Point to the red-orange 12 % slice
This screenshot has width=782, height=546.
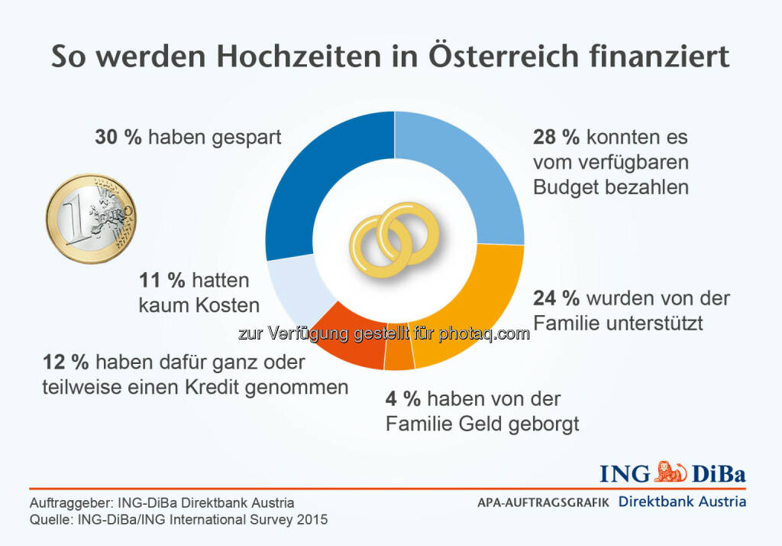point(347,336)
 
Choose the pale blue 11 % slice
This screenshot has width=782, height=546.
point(294,283)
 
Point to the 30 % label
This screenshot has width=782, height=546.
point(118,138)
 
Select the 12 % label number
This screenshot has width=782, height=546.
point(60,361)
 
